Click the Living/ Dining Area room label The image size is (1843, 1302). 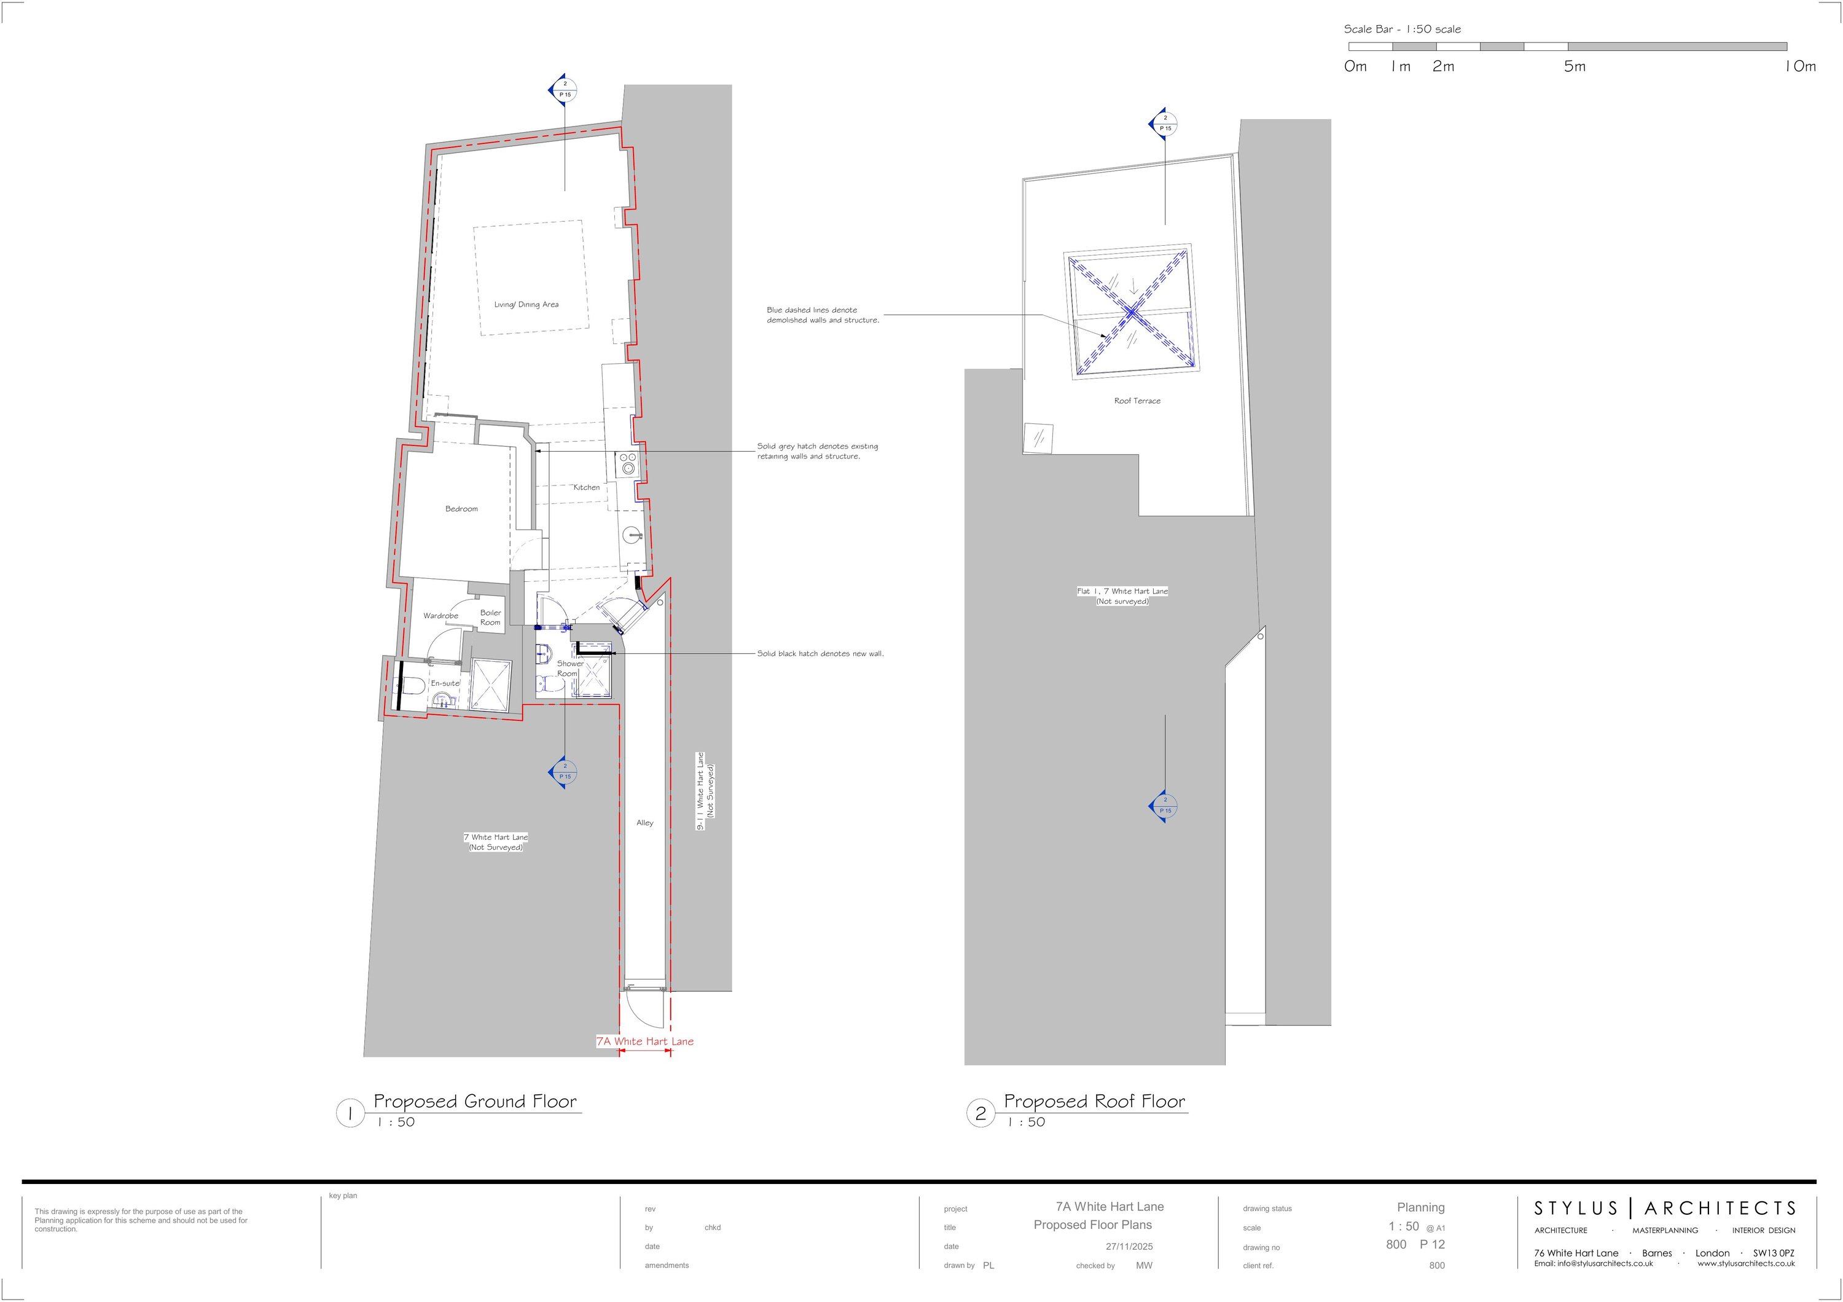[526, 305]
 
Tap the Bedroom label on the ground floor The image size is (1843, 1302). [461, 509]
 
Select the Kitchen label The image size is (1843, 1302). [586, 487]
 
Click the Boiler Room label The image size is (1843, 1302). [490, 618]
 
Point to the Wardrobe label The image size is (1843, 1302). [440, 616]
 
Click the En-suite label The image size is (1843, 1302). [445, 683]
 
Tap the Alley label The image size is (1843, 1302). [644, 823]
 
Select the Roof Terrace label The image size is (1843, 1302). [1137, 401]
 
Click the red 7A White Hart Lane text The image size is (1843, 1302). [644, 1041]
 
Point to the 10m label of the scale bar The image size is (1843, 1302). [1799, 66]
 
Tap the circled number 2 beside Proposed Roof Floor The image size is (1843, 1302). [980, 1113]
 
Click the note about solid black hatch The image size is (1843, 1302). [820, 653]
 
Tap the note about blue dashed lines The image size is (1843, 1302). [822, 315]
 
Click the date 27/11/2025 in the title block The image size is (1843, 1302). [1129, 1247]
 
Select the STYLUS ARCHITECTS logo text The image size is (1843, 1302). [1664, 1208]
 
